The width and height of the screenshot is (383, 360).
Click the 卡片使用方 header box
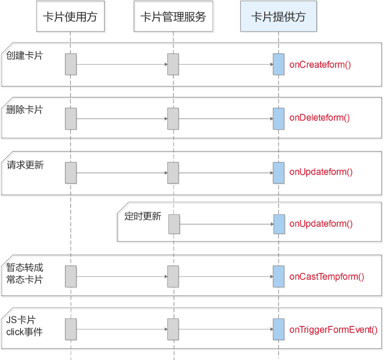tap(70, 17)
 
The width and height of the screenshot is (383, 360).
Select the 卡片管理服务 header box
tap(173, 17)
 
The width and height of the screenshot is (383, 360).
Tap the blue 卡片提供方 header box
tap(278, 17)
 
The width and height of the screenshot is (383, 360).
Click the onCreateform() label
tap(320, 64)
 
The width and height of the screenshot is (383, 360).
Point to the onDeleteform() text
tap(319, 118)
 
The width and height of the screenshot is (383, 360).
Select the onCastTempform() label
tap(326, 276)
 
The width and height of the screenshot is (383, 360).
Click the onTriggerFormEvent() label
tap(333, 329)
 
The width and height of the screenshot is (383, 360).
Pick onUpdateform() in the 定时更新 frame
tap(321, 224)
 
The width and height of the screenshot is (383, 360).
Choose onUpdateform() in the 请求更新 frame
tap(321, 172)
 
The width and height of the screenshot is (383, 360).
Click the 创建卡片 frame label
tap(24, 56)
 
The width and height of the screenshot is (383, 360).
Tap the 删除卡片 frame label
tap(24, 110)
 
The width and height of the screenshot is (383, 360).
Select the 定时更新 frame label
tap(143, 217)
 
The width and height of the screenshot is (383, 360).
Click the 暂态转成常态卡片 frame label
tap(25, 273)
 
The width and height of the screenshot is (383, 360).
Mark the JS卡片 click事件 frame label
tap(24, 325)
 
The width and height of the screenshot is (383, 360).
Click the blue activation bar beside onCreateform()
tap(279, 64)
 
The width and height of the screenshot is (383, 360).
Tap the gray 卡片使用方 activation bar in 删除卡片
tap(71, 118)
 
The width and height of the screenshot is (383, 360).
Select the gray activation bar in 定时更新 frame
tap(174, 224)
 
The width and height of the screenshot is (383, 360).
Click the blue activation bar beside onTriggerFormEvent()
tap(279, 329)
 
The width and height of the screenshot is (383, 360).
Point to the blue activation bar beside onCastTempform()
tap(279, 276)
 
